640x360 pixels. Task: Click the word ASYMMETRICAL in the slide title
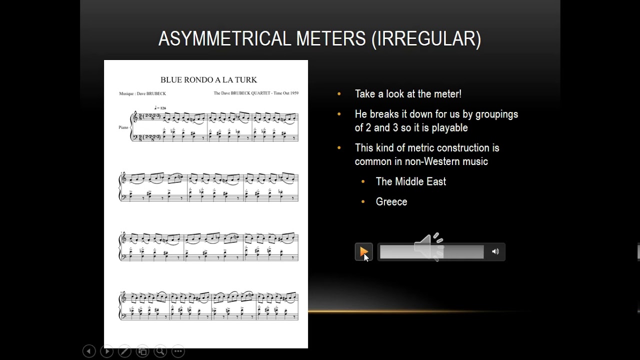tap(224, 38)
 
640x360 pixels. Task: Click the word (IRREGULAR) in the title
tap(426, 38)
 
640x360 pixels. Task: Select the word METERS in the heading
tap(330, 38)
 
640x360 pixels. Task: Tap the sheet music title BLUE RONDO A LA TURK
tap(208, 79)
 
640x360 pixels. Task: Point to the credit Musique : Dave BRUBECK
tap(142, 93)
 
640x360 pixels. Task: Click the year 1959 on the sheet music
tap(293, 93)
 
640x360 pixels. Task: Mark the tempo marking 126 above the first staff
tap(161, 108)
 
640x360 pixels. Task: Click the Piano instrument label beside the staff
tap(123, 127)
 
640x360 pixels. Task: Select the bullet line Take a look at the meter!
tap(408, 94)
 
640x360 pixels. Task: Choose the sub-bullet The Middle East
tap(410, 181)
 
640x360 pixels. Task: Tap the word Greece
tap(391, 202)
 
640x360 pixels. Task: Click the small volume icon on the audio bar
tap(495, 251)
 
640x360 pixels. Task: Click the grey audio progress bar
tap(431, 252)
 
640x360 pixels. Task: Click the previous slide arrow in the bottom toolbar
tap(89, 351)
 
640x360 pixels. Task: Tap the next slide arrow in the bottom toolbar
tap(106, 351)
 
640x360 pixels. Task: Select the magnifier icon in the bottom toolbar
tap(160, 351)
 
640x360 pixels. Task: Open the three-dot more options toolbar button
tap(178, 351)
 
